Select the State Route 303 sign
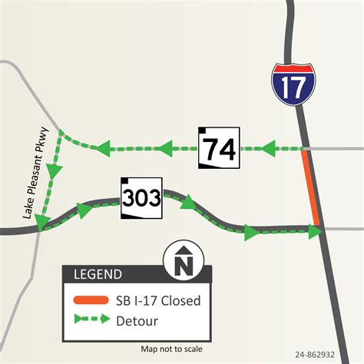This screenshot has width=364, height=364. point(142,199)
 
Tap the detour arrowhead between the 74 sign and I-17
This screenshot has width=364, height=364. point(269,147)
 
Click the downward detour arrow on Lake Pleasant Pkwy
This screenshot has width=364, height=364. point(51,173)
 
